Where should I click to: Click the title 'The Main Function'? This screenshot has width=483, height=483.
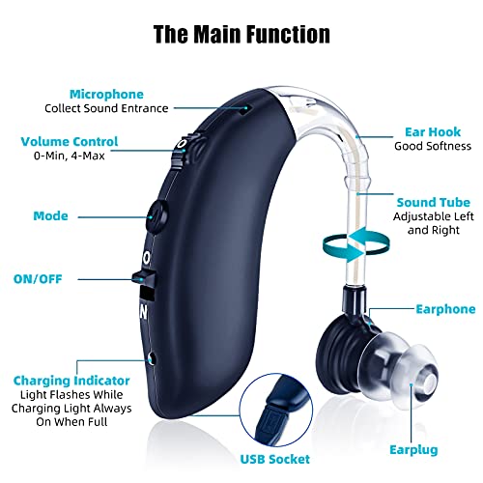click(x=241, y=34)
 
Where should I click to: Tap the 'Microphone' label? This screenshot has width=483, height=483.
click(x=106, y=95)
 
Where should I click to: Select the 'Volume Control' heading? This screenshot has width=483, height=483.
click(x=70, y=142)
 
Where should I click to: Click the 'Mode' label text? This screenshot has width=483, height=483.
click(x=50, y=215)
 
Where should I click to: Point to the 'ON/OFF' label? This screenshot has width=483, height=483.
click(x=38, y=279)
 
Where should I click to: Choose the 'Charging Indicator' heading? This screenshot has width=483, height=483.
click(x=71, y=381)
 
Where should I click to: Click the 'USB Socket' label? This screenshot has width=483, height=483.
click(x=275, y=459)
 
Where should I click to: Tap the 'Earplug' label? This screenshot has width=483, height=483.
click(x=413, y=450)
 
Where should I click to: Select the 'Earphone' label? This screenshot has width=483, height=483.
click(x=445, y=309)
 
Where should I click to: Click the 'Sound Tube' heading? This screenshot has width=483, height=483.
click(x=434, y=203)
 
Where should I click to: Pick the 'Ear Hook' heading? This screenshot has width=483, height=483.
click(x=433, y=132)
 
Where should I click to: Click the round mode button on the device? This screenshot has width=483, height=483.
click(x=157, y=216)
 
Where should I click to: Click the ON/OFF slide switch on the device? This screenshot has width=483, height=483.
click(x=144, y=279)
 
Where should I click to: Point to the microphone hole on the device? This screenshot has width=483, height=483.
click(x=245, y=110)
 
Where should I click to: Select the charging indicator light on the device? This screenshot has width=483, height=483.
click(x=152, y=358)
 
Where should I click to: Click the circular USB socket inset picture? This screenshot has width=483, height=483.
click(x=276, y=410)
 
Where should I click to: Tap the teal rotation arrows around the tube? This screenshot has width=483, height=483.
click(x=356, y=243)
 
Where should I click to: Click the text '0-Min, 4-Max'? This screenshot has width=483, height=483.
click(x=70, y=156)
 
